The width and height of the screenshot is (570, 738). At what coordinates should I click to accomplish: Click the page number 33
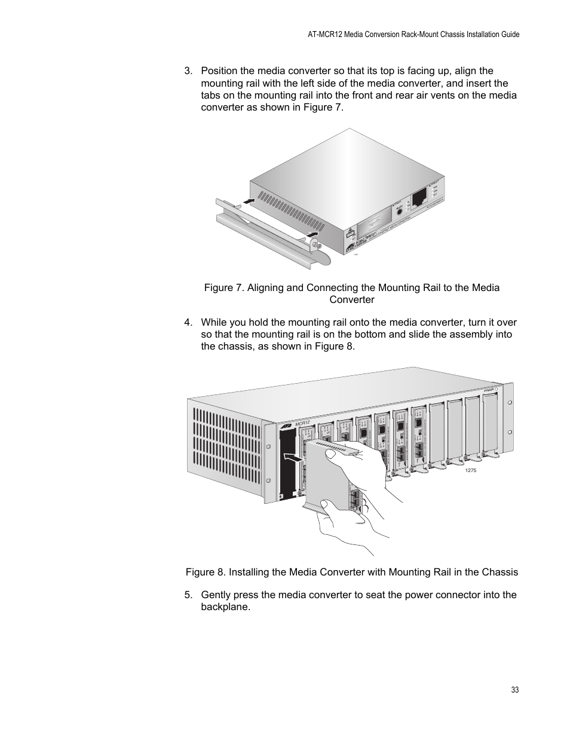click(x=515, y=690)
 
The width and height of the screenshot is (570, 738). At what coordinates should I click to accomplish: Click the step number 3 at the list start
click(x=188, y=71)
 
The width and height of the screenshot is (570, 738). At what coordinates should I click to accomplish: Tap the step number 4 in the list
click(x=188, y=323)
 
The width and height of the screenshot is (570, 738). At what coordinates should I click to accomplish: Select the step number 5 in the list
click(x=188, y=595)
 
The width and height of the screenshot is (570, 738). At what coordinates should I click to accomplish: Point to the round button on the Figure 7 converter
click(x=396, y=212)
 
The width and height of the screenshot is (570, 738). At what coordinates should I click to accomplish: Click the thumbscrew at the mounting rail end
click(x=315, y=245)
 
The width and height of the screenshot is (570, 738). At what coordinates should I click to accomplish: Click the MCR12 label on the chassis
click(x=302, y=423)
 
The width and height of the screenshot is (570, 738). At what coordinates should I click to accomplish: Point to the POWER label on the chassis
click(x=489, y=391)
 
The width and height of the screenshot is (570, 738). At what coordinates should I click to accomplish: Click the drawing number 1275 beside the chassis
click(x=470, y=471)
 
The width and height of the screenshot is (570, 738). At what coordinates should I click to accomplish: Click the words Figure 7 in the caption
click(x=223, y=287)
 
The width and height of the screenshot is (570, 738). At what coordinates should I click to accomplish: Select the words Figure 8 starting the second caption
click(x=204, y=572)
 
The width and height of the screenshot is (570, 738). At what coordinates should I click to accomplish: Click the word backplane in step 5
click(x=225, y=607)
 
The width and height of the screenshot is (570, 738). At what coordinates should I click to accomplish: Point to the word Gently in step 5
click(x=216, y=595)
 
